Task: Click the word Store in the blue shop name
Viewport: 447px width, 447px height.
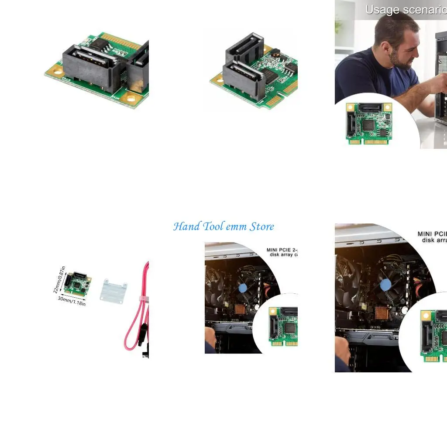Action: click(262, 227)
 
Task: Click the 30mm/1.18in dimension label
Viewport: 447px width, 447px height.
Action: click(72, 301)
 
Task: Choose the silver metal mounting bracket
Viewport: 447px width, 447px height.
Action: click(113, 289)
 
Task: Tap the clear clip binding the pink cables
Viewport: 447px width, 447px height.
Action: click(143, 299)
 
